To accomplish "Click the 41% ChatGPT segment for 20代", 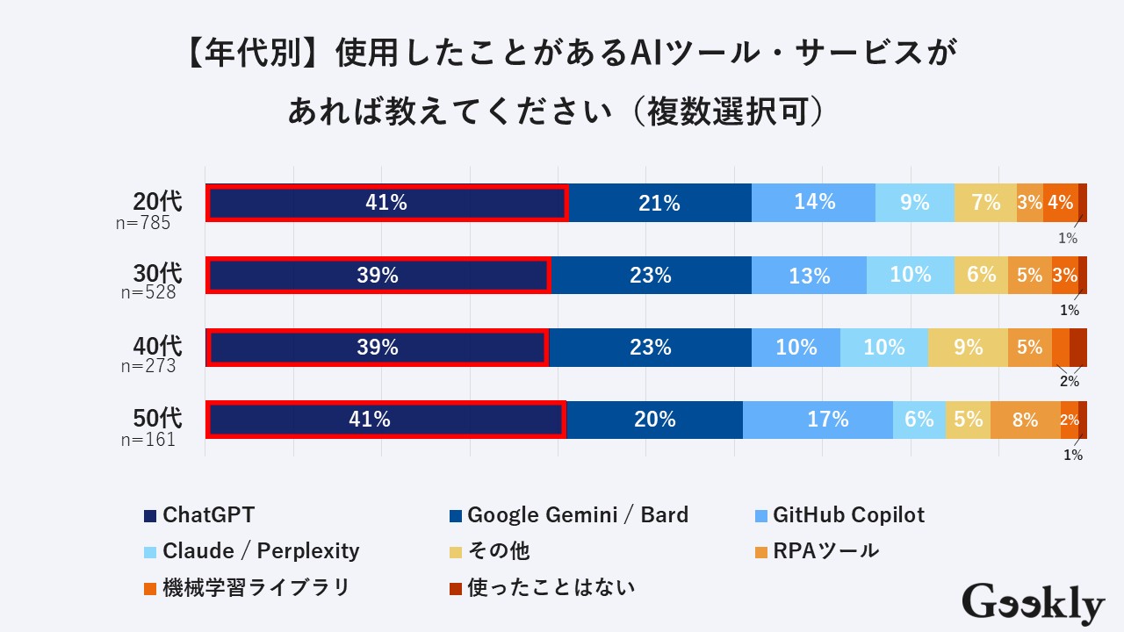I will tap(386, 203).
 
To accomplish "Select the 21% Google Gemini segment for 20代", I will tap(659, 203).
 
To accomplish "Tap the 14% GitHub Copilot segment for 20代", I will tap(814, 203).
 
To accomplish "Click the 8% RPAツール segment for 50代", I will tap(1025, 420).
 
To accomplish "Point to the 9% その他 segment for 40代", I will tap(968, 348).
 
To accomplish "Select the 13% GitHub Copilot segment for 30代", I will tap(809, 276).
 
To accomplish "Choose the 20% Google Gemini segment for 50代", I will tap(654, 420).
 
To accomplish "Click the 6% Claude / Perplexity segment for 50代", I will tap(919, 420).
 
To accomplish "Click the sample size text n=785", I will tap(143, 223).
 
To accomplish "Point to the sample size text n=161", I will tap(148, 440).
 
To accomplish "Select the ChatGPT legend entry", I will tap(199, 515).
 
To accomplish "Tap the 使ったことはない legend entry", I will tap(541, 587).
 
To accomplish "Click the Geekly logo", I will tap(1033, 604).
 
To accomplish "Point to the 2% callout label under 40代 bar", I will tap(1069, 382).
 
